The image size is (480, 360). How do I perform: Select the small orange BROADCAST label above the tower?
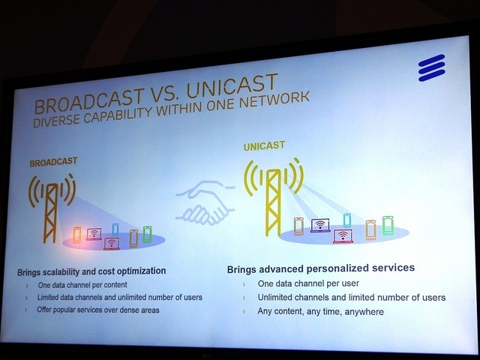click(53, 161)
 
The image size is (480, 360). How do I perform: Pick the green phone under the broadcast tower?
click(147, 233)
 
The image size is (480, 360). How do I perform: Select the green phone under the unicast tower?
click(388, 225)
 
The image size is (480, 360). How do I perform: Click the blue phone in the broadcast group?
click(115, 228)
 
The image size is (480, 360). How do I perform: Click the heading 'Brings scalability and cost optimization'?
click(91, 271)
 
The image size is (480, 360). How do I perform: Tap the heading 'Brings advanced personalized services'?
click(321, 268)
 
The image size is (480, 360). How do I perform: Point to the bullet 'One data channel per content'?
click(82, 285)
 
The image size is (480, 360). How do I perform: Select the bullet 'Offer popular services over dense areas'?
click(98, 310)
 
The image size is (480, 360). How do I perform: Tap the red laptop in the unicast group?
click(343, 237)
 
